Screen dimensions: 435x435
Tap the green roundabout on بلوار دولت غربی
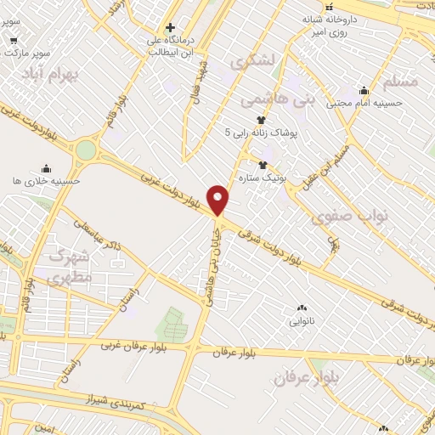pos(86,150)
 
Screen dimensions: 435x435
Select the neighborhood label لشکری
pos(252,60)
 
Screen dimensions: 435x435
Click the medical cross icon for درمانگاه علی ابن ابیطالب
pos(171,28)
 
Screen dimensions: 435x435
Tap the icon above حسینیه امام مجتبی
pos(364,91)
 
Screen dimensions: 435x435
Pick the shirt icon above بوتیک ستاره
pos(262,164)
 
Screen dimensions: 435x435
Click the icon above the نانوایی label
pos(301,308)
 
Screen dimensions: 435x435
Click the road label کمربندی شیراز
pos(116,400)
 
